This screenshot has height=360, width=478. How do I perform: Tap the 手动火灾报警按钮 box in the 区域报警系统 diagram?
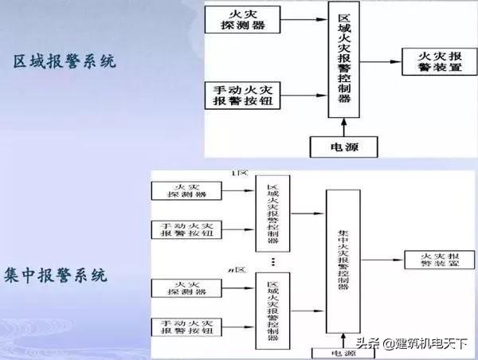(243, 96)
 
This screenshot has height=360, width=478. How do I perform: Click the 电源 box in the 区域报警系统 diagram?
(344, 147)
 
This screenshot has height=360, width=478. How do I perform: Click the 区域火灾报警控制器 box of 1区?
(272, 211)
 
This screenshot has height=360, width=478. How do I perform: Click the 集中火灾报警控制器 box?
(343, 260)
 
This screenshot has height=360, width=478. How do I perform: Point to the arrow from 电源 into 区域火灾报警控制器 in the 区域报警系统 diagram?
(344, 127)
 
